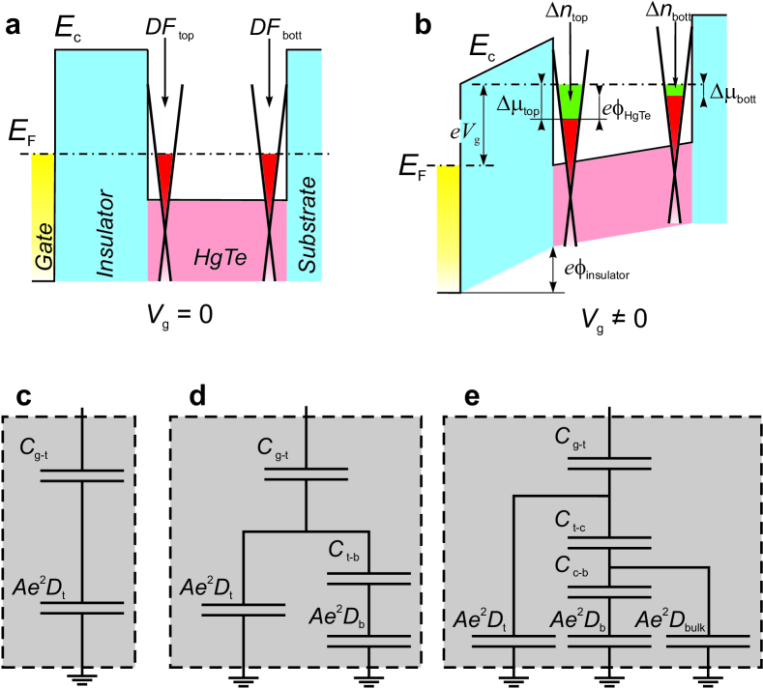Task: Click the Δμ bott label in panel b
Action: [734, 93]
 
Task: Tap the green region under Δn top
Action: [572, 100]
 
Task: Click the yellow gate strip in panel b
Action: [448, 227]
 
